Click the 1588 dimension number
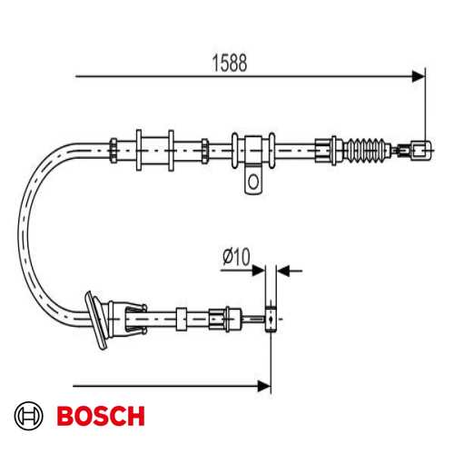[x=230, y=63]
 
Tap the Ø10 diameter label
[x=236, y=257]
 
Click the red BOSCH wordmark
[x=101, y=416]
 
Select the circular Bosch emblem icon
[x=29, y=416]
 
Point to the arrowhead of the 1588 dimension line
[x=419, y=76]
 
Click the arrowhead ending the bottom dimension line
[x=264, y=386]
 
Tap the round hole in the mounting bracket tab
[x=253, y=182]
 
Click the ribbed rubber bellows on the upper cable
[x=367, y=151]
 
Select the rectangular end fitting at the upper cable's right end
[x=421, y=151]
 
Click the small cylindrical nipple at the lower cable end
[x=271, y=320]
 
